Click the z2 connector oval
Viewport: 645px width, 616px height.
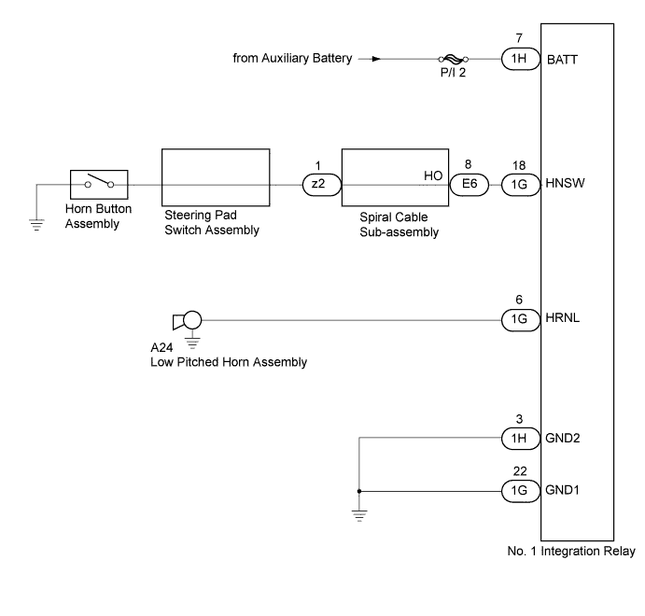[319, 185]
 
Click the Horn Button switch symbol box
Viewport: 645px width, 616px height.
[99, 184]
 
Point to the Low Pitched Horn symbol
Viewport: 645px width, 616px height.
[187, 322]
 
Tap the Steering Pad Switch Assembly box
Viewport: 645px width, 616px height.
[217, 178]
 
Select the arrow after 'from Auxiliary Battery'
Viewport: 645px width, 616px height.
[375, 59]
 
